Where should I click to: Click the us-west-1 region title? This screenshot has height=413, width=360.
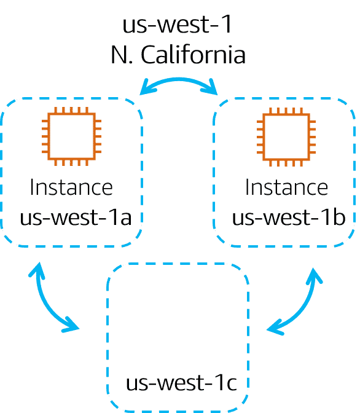tap(177, 24)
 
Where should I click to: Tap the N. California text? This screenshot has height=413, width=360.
tap(178, 55)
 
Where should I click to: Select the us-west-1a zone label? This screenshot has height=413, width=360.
tap(76, 218)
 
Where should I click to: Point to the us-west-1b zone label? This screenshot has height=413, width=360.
tap(289, 218)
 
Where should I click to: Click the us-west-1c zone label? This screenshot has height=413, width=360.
tap(181, 383)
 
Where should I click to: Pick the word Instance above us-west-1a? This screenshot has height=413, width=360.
tap(71, 187)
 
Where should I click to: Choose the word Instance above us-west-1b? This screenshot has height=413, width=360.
tap(286, 187)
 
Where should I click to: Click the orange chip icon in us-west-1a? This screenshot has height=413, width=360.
tap(71, 136)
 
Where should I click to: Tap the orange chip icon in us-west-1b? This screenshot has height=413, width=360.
tap(286, 137)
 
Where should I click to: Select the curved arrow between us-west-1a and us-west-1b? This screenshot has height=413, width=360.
tap(179, 80)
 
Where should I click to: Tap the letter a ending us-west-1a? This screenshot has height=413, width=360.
tap(125, 219)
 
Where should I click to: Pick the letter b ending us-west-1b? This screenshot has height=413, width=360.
tap(339, 218)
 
